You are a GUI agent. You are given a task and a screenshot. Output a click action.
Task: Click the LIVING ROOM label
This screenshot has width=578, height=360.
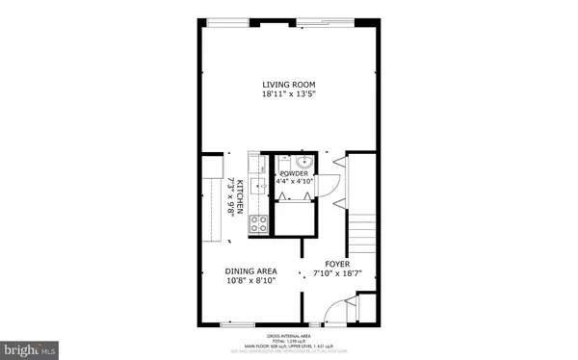(x=289, y=84)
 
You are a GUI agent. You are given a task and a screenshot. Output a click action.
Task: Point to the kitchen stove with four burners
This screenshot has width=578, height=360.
(x=258, y=225)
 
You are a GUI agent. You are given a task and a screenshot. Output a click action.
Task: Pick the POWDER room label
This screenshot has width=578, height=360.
(x=294, y=173)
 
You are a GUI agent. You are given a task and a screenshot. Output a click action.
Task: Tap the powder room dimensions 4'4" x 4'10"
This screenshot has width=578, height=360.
(x=294, y=182)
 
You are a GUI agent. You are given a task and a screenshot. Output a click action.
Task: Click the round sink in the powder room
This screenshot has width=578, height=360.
(x=302, y=161)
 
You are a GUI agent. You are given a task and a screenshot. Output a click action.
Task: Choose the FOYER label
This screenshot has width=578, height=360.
(x=336, y=264)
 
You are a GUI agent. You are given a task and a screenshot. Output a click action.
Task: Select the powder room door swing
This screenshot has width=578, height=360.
(x=333, y=183)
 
